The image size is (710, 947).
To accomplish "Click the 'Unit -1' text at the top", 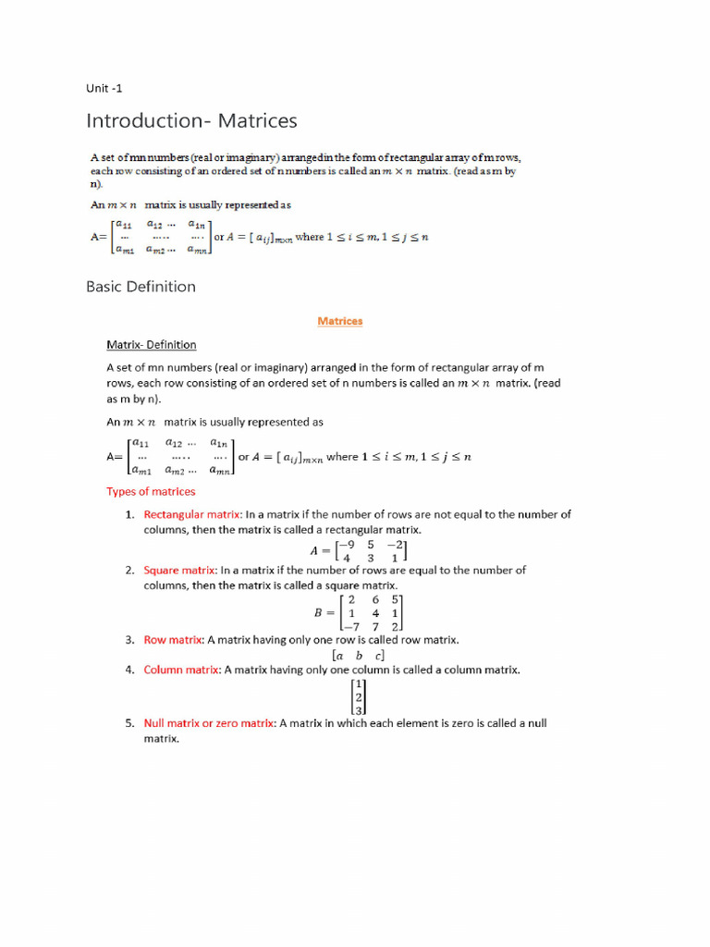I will (x=104, y=89).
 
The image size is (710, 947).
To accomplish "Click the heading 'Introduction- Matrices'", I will (x=191, y=121).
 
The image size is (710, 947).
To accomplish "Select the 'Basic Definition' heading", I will (x=141, y=287).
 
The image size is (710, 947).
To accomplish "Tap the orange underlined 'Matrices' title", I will (x=339, y=321).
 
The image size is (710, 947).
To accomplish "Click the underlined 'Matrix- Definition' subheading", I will (x=151, y=345).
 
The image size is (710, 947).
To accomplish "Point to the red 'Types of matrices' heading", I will (x=151, y=491).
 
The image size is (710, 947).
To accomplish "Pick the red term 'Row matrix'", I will (x=173, y=639).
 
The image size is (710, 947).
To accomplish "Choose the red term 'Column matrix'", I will (x=181, y=669).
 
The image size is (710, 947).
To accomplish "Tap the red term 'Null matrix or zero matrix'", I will (x=209, y=723).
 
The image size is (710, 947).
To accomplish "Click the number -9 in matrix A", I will (x=349, y=545).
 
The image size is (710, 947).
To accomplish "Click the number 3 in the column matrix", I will (x=359, y=710).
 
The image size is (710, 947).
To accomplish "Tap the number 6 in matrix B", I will (x=374, y=599).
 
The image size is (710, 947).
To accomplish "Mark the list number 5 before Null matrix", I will (x=130, y=723).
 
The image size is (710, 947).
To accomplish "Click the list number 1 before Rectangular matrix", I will (x=130, y=514).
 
